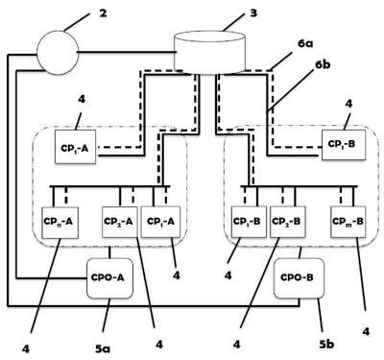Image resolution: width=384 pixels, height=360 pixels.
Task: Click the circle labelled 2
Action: pos(58,53)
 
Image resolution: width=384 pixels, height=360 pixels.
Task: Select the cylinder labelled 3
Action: pos(210,53)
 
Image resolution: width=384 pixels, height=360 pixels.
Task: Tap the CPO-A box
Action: pos(109,278)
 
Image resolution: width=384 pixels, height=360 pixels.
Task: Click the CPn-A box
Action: pos(60,223)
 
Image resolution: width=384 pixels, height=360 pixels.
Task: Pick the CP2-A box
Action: pos(120,222)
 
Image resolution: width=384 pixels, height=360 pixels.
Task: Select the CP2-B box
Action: pos(287,222)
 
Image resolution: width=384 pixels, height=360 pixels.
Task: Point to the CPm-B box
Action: pos(348,222)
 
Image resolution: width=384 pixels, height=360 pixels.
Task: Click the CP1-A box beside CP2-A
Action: pos(160,222)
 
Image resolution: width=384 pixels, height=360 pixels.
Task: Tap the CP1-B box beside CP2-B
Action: pos(249,222)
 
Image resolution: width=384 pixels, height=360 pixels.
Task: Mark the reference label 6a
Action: pos(305,44)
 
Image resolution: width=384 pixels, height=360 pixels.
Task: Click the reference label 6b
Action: pos(323,64)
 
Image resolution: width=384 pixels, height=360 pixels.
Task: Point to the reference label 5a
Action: pos(103,348)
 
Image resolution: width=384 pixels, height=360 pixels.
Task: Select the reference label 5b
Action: pos(326,344)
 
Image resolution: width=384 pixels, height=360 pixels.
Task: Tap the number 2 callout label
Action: pos(103,13)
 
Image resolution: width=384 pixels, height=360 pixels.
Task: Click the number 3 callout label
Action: pos(253,13)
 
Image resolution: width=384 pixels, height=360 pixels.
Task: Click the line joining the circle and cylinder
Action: pos(127,52)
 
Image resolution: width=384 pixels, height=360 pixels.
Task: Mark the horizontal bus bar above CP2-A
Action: pos(109,186)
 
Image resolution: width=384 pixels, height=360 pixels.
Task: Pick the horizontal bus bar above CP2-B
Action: pos(299,186)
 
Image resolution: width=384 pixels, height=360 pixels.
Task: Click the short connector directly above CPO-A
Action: pos(109,252)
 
